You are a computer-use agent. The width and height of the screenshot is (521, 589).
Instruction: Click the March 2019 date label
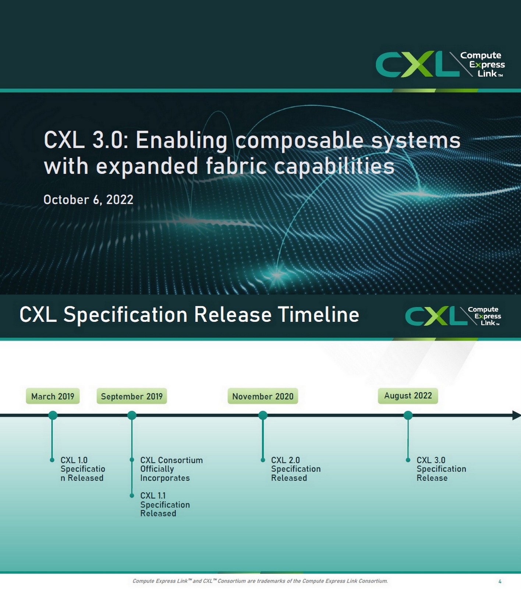pyautogui.click(x=53, y=396)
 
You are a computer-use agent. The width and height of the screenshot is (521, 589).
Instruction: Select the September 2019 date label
pyautogui.click(x=132, y=396)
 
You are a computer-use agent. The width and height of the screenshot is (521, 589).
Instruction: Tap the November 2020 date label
pyautogui.click(x=263, y=396)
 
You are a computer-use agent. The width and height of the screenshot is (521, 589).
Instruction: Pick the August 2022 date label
pyautogui.click(x=408, y=395)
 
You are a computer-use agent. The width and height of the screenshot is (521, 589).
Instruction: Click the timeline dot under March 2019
pyautogui.click(x=53, y=415)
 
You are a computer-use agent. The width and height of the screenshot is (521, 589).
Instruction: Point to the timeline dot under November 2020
pyautogui.click(x=263, y=415)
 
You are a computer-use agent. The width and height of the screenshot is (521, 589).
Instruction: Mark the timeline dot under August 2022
pyautogui.click(x=408, y=415)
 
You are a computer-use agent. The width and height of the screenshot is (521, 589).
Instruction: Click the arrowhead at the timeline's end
pyautogui.click(x=516, y=415)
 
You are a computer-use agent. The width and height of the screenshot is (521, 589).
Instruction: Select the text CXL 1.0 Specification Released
pyautogui.click(x=82, y=469)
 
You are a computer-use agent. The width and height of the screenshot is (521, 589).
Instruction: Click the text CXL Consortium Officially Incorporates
pyautogui.click(x=171, y=469)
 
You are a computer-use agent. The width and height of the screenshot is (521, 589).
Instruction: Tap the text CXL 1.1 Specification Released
pyautogui.click(x=165, y=504)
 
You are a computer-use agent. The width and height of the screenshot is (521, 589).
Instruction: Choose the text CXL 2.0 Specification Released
pyautogui.click(x=295, y=469)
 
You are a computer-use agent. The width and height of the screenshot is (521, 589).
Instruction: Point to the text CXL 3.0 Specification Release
pyautogui.click(x=441, y=469)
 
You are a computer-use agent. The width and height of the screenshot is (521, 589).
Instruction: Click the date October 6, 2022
pyautogui.click(x=88, y=200)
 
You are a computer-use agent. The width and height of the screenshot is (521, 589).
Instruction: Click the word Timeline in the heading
pyautogui.click(x=318, y=315)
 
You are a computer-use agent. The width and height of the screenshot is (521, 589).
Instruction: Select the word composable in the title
pyautogui.click(x=300, y=140)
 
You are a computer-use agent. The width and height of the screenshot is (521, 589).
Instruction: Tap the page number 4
pyautogui.click(x=500, y=581)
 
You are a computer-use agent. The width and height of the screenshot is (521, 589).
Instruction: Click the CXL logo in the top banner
pyautogui.click(x=440, y=64)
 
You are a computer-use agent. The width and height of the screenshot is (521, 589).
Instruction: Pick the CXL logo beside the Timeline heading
pyautogui.click(x=453, y=316)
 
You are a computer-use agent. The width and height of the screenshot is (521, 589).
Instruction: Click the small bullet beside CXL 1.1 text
pyautogui.click(x=132, y=495)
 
